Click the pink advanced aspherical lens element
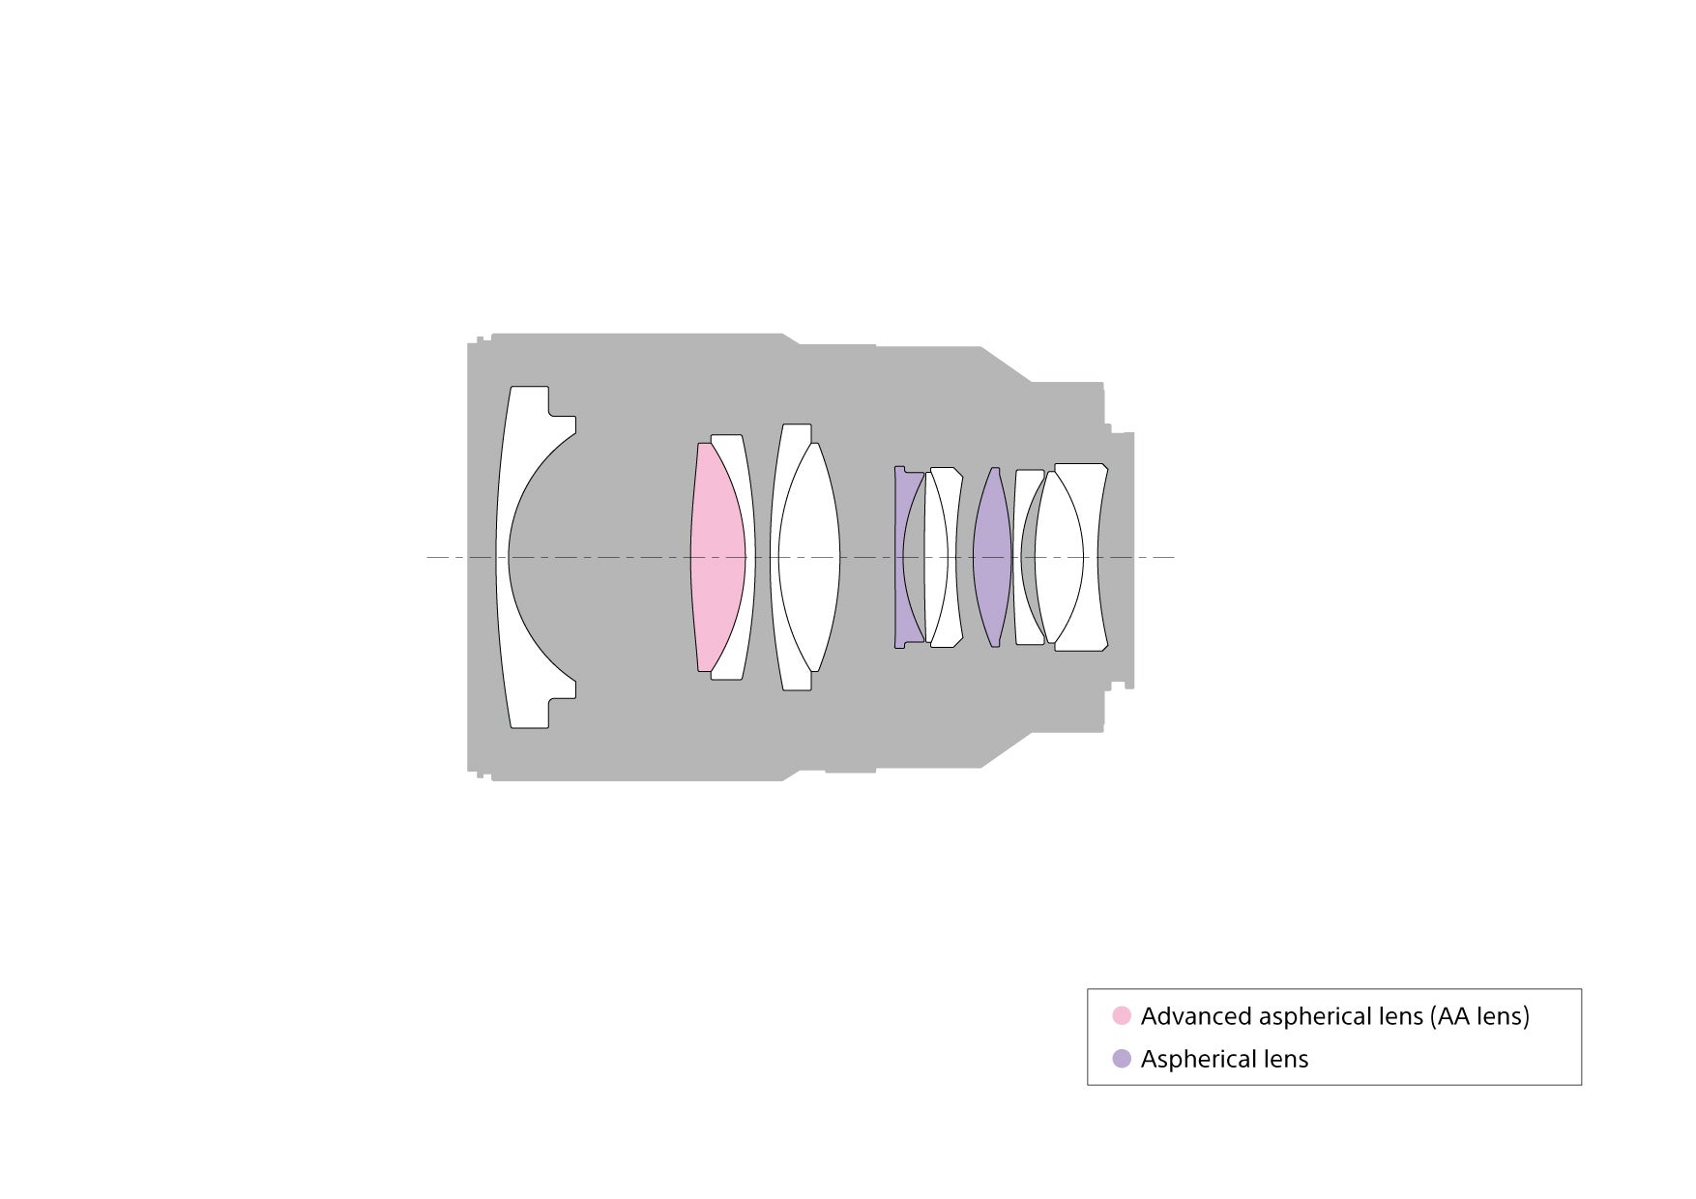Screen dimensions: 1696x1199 click(716, 557)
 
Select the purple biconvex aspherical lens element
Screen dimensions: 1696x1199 click(992, 557)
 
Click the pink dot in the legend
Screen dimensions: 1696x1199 click(1122, 1016)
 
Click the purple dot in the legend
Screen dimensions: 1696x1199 click(1122, 1059)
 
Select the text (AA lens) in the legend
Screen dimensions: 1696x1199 click(1479, 1017)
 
